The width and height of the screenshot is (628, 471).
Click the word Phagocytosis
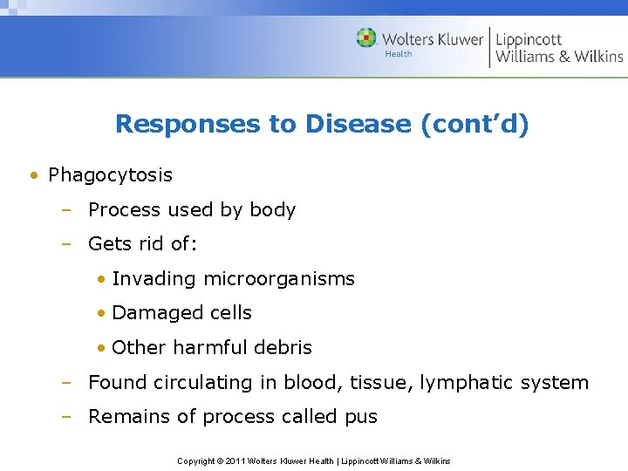pos(110,175)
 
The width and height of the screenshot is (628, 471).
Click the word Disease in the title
pos(358,124)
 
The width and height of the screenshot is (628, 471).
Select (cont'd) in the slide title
pos(474,124)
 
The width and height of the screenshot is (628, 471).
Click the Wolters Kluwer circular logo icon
pos(366,38)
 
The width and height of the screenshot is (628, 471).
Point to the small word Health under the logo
pos(399,54)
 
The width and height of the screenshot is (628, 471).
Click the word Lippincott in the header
pos(529,39)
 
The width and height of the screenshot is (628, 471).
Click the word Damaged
pos(151,313)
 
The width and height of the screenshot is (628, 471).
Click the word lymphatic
pos(463,382)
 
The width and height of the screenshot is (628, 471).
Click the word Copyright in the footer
pos(196,461)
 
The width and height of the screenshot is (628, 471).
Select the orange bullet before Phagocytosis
pos(32,175)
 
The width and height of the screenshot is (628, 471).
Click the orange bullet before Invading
pos(102,279)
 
